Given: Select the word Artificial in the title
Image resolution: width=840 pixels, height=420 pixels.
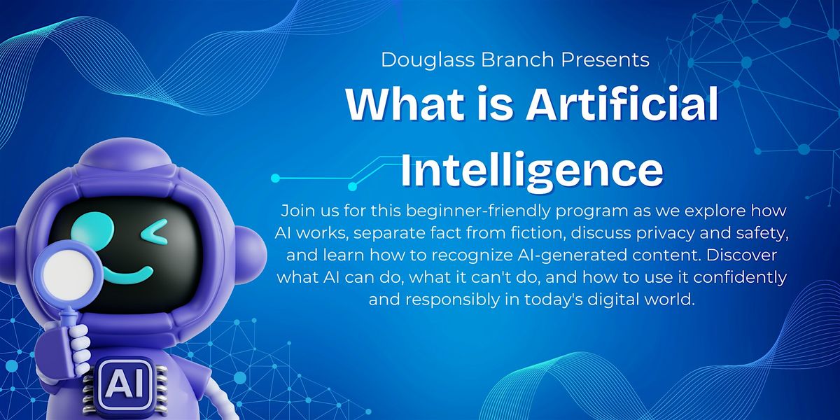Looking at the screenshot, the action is click(x=622, y=104).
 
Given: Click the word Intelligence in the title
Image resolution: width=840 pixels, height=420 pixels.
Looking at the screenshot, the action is click(x=532, y=171).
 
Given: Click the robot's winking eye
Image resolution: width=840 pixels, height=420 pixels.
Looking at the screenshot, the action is click(x=154, y=230).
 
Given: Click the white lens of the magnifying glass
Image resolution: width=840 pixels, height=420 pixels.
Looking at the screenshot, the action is click(x=68, y=272).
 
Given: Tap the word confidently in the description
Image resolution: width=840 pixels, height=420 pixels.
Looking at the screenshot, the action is click(x=740, y=278).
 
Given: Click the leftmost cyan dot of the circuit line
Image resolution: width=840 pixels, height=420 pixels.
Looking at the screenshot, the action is click(x=276, y=178).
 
